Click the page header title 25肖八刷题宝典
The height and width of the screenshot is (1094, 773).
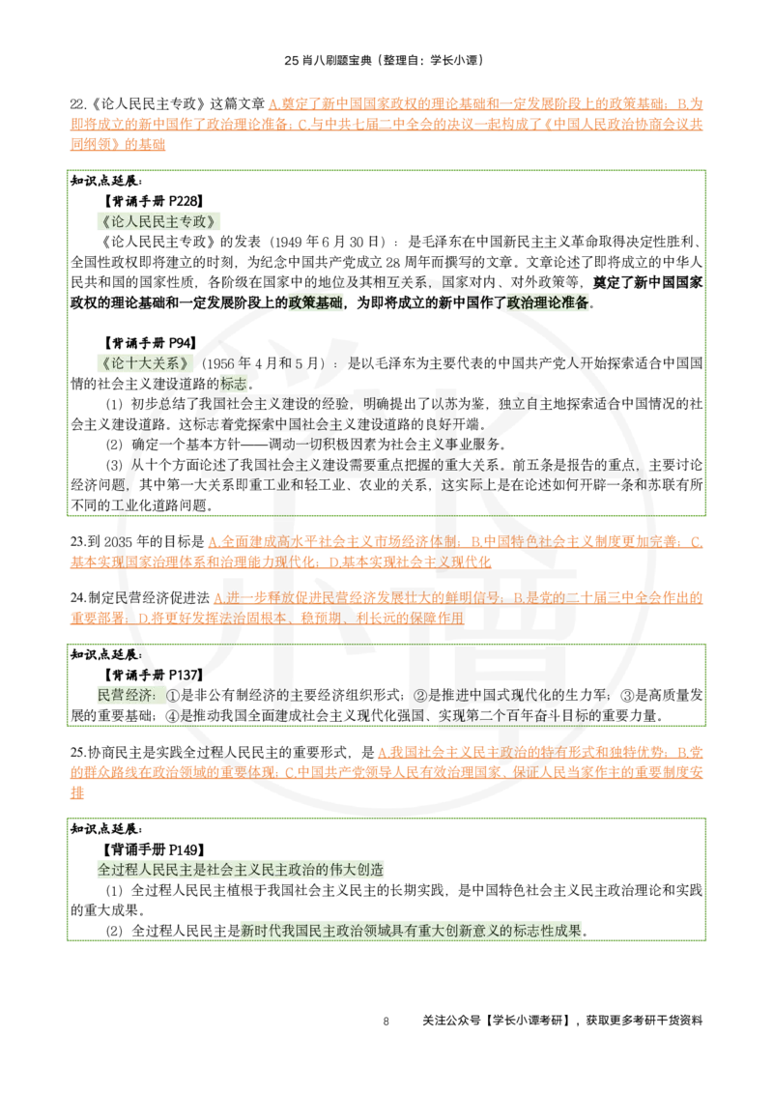pos(328,60)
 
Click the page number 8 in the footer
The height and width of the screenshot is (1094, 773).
pos(386,1022)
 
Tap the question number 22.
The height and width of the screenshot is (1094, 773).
pos(77,104)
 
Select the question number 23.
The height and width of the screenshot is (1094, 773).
pos(77,541)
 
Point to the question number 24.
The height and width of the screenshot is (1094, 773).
pos(77,598)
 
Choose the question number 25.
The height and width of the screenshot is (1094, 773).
pos(77,752)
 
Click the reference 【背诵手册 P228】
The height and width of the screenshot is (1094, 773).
pos(154,202)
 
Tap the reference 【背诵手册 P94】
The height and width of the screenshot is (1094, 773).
pos(150,343)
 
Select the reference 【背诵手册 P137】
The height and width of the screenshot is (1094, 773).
pos(154,675)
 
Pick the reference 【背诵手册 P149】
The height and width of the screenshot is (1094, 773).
pos(154,849)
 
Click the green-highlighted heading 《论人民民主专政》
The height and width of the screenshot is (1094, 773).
pos(158,222)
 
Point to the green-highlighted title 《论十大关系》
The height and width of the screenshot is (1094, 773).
pos(145,363)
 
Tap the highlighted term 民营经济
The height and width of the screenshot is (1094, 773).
pos(125,695)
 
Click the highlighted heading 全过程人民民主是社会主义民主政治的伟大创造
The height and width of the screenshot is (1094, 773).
pos(241,870)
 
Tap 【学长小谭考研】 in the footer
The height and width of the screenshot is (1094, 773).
pos(529,1021)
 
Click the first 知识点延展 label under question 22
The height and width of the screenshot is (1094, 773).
pos(106,182)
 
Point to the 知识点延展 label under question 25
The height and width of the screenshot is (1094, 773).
pos(106,829)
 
